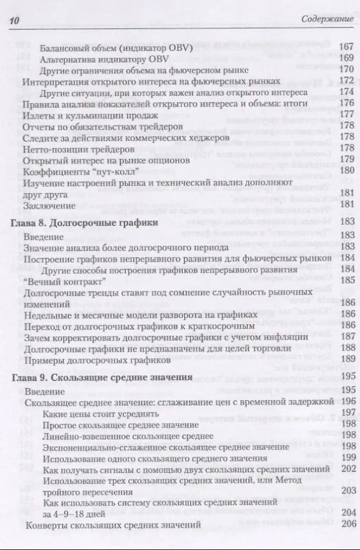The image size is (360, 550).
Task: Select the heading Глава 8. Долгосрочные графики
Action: [85, 224]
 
